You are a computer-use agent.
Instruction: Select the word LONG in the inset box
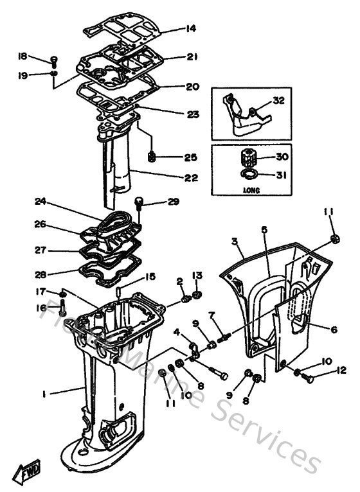pyautogui.click(x=251, y=190)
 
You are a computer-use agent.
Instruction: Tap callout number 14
pyautogui.click(x=191, y=28)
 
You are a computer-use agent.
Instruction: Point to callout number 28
pyautogui.click(x=40, y=274)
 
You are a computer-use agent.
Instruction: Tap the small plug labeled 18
pyautogui.click(x=55, y=62)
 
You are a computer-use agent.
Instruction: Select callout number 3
pyautogui.click(x=235, y=242)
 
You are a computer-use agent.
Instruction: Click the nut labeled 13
pyautogui.click(x=197, y=295)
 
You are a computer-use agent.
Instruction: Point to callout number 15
pyautogui.click(x=150, y=276)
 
